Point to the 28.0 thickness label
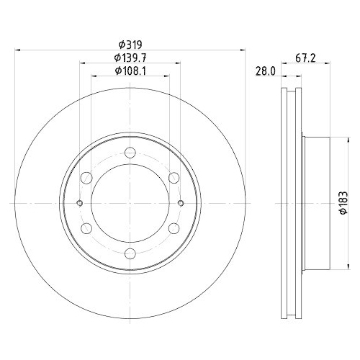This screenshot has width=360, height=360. tap(267, 71)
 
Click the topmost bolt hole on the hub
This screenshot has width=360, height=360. tap(130, 152)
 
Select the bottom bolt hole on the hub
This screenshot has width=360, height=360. tap(130, 253)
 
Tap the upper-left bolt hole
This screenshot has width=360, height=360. tap(86, 177)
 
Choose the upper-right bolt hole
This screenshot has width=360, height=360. tap(174, 177)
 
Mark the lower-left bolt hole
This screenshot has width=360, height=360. tap(86, 228)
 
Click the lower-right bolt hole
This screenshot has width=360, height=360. tap(174, 228)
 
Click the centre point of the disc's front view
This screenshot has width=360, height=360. tap(130, 202)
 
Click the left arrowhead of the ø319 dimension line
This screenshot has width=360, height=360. tap(17, 50)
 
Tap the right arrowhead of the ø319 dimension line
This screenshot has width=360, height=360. tap(245, 50)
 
